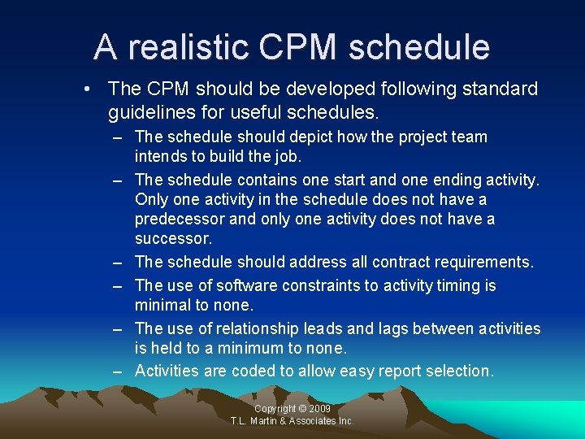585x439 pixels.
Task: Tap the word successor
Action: click(172, 239)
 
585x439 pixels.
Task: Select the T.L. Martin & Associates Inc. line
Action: click(292, 421)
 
